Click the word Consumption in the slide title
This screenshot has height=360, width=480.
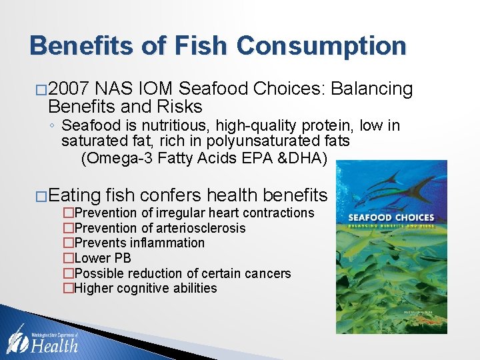321,46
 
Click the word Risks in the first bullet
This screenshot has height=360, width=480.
182,107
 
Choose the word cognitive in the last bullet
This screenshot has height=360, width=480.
148,289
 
